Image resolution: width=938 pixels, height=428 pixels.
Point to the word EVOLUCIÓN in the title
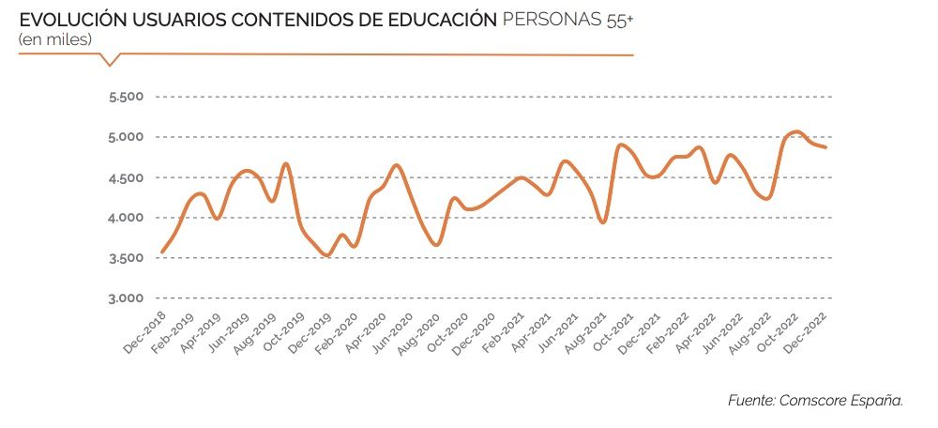(x=64, y=19)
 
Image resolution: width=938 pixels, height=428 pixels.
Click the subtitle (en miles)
(x=54, y=38)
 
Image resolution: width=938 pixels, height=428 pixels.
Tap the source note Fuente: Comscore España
(x=815, y=400)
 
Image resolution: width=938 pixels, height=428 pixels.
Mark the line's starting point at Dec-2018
(x=162, y=252)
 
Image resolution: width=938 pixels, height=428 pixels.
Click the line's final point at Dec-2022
(x=825, y=147)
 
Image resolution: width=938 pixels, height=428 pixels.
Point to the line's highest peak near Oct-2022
(x=795, y=131)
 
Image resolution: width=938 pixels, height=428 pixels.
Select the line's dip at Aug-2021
(x=603, y=222)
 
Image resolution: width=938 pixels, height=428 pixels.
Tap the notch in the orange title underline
(x=111, y=64)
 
